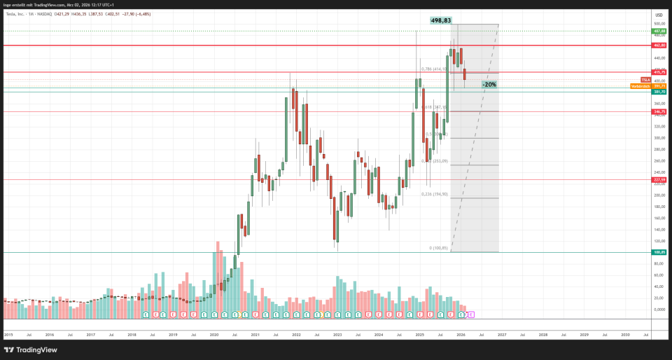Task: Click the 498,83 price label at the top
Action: point(442,21)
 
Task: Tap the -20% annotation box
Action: point(489,85)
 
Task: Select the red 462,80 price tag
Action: point(659,46)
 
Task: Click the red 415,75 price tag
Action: point(659,72)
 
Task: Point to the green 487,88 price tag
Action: point(659,32)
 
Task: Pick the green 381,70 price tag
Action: point(659,92)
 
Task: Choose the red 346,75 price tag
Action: point(659,111)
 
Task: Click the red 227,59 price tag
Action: point(659,180)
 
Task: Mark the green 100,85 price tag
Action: point(659,252)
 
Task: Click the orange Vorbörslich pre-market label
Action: point(639,86)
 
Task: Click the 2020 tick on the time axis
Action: point(214,335)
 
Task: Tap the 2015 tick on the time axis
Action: point(8,335)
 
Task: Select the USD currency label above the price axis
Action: point(658,14)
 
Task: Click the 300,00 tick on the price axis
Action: point(659,138)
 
